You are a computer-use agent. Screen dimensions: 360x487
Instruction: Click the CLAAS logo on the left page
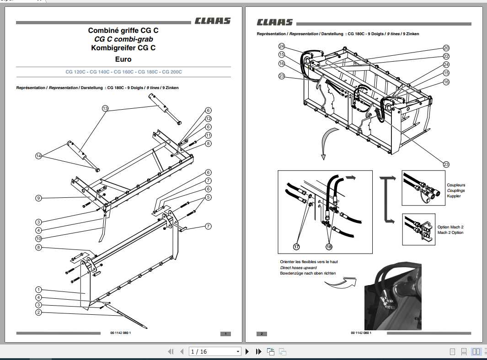point(212,21)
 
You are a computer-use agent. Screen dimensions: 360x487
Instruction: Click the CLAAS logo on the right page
point(274,22)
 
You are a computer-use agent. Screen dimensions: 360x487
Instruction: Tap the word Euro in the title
point(123,59)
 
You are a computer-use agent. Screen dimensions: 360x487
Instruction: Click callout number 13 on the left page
point(105,109)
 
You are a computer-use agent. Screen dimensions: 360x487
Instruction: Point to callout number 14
point(39,156)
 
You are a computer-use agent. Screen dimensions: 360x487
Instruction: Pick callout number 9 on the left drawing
point(39,198)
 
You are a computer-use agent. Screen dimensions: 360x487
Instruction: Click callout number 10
point(39,238)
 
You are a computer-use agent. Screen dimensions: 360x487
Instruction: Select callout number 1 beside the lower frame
point(39,290)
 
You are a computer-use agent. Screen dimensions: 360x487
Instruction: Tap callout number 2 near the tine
point(39,312)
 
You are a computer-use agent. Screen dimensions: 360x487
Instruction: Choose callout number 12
point(208,119)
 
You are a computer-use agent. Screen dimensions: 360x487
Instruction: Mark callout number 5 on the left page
point(208,197)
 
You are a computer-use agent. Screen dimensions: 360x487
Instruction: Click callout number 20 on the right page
point(446,48)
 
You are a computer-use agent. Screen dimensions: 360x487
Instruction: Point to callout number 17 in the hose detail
point(296,247)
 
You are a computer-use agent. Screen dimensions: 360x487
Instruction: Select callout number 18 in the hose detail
point(329,247)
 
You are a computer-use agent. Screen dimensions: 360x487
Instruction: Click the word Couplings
point(456,191)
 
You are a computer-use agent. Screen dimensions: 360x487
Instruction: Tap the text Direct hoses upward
point(298,268)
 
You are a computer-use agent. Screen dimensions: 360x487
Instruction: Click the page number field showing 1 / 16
point(214,351)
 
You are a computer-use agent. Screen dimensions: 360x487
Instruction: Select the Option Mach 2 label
point(450,227)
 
